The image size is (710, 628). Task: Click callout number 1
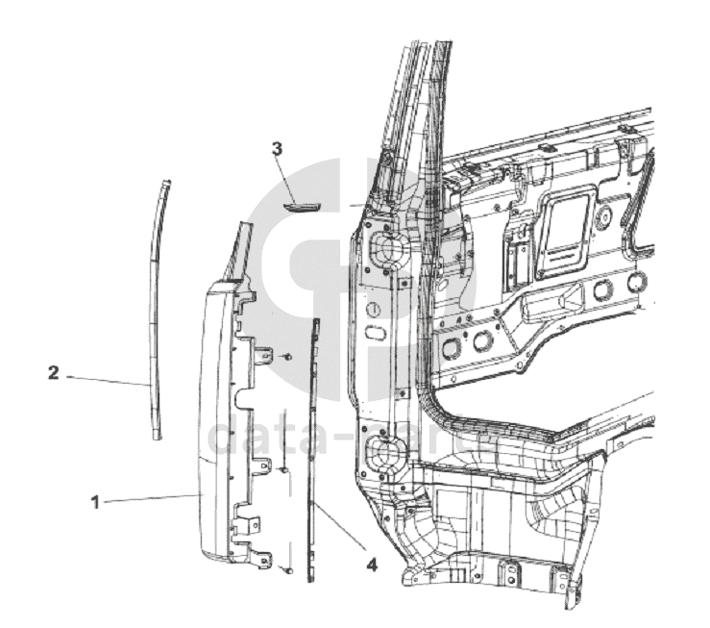pyautogui.click(x=94, y=501)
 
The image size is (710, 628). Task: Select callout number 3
pyautogui.click(x=277, y=149)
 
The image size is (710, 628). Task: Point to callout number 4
pyautogui.click(x=372, y=566)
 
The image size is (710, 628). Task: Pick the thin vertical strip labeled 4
pyautogui.click(x=311, y=452)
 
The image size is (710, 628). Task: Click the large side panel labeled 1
pyautogui.click(x=216, y=423)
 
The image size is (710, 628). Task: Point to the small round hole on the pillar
pyautogui.click(x=374, y=310)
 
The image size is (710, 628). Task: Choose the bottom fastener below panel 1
pyautogui.click(x=287, y=570)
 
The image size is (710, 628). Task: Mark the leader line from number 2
pyautogui.click(x=106, y=380)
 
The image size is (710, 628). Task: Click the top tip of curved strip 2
pyautogui.click(x=166, y=180)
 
